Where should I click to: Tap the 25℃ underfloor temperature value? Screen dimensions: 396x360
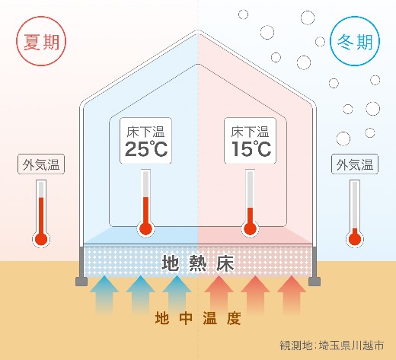[146, 149]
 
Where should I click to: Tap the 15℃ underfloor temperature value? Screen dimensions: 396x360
[251, 148]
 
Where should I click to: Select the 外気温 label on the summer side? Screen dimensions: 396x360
[41, 164]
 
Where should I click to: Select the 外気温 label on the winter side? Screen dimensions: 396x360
[355, 164]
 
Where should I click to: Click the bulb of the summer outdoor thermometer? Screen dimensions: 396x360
[41, 239]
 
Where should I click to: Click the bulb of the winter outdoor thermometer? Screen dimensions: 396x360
[355, 239]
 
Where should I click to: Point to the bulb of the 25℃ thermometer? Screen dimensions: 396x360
[145, 228]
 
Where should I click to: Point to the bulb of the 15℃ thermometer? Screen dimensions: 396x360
[251, 228]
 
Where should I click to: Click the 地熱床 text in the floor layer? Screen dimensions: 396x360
[198, 263]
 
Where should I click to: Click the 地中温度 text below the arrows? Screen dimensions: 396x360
[198, 318]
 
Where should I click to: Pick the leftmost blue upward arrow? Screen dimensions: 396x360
[104, 295]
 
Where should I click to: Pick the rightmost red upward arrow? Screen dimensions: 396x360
[292, 295]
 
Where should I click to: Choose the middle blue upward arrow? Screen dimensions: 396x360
[140, 295]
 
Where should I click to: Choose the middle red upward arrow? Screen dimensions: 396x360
[255, 295]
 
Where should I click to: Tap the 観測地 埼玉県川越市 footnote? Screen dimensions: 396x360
[332, 346]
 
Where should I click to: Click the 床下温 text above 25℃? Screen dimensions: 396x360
[145, 132]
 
